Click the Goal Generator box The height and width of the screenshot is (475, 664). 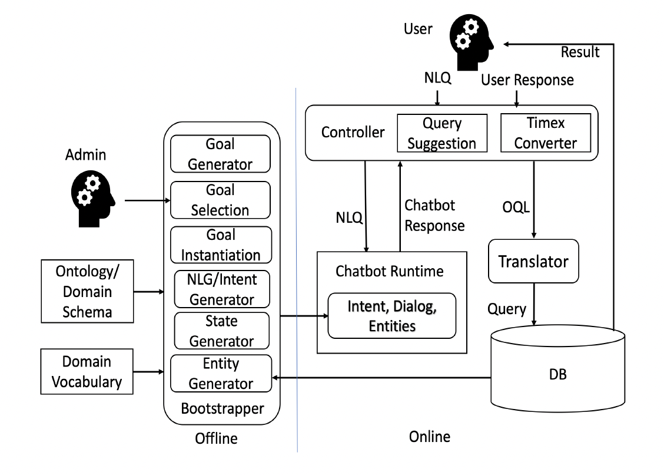click(x=220, y=154)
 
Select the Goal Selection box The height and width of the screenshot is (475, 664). click(x=220, y=200)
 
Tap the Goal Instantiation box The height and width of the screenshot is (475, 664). click(x=221, y=245)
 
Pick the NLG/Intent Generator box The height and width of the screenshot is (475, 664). click(x=222, y=289)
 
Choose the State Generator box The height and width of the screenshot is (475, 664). click(x=221, y=331)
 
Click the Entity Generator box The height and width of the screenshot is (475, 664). click(x=221, y=373)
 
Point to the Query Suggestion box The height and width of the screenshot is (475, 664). click(x=442, y=133)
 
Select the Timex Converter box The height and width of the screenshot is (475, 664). click(x=546, y=133)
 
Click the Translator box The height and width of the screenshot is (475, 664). click(x=533, y=261)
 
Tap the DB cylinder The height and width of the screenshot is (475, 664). click(x=557, y=368)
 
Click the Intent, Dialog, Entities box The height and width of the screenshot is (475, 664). click(x=392, y=315)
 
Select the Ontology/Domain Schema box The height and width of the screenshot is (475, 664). click(x=87, y=291)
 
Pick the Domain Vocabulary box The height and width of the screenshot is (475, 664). click(x=87, y=371)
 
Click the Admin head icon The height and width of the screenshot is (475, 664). click(x=93, y=199)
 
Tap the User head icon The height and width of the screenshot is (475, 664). click(x=472, y=42)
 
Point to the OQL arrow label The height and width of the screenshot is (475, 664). click(x=516, y=207)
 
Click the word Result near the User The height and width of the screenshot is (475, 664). click(x=580, y=52)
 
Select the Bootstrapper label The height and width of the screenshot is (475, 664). click(x=223, y=408)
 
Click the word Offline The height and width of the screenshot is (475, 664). click(x=216, y=438)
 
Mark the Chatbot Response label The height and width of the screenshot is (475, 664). click(x=434, y=216)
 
